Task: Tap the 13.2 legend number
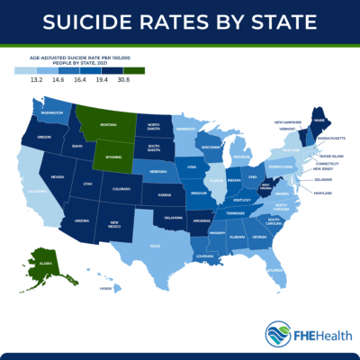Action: [37, 80]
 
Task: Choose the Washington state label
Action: [50, 112]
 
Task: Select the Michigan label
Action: [241, 157]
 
